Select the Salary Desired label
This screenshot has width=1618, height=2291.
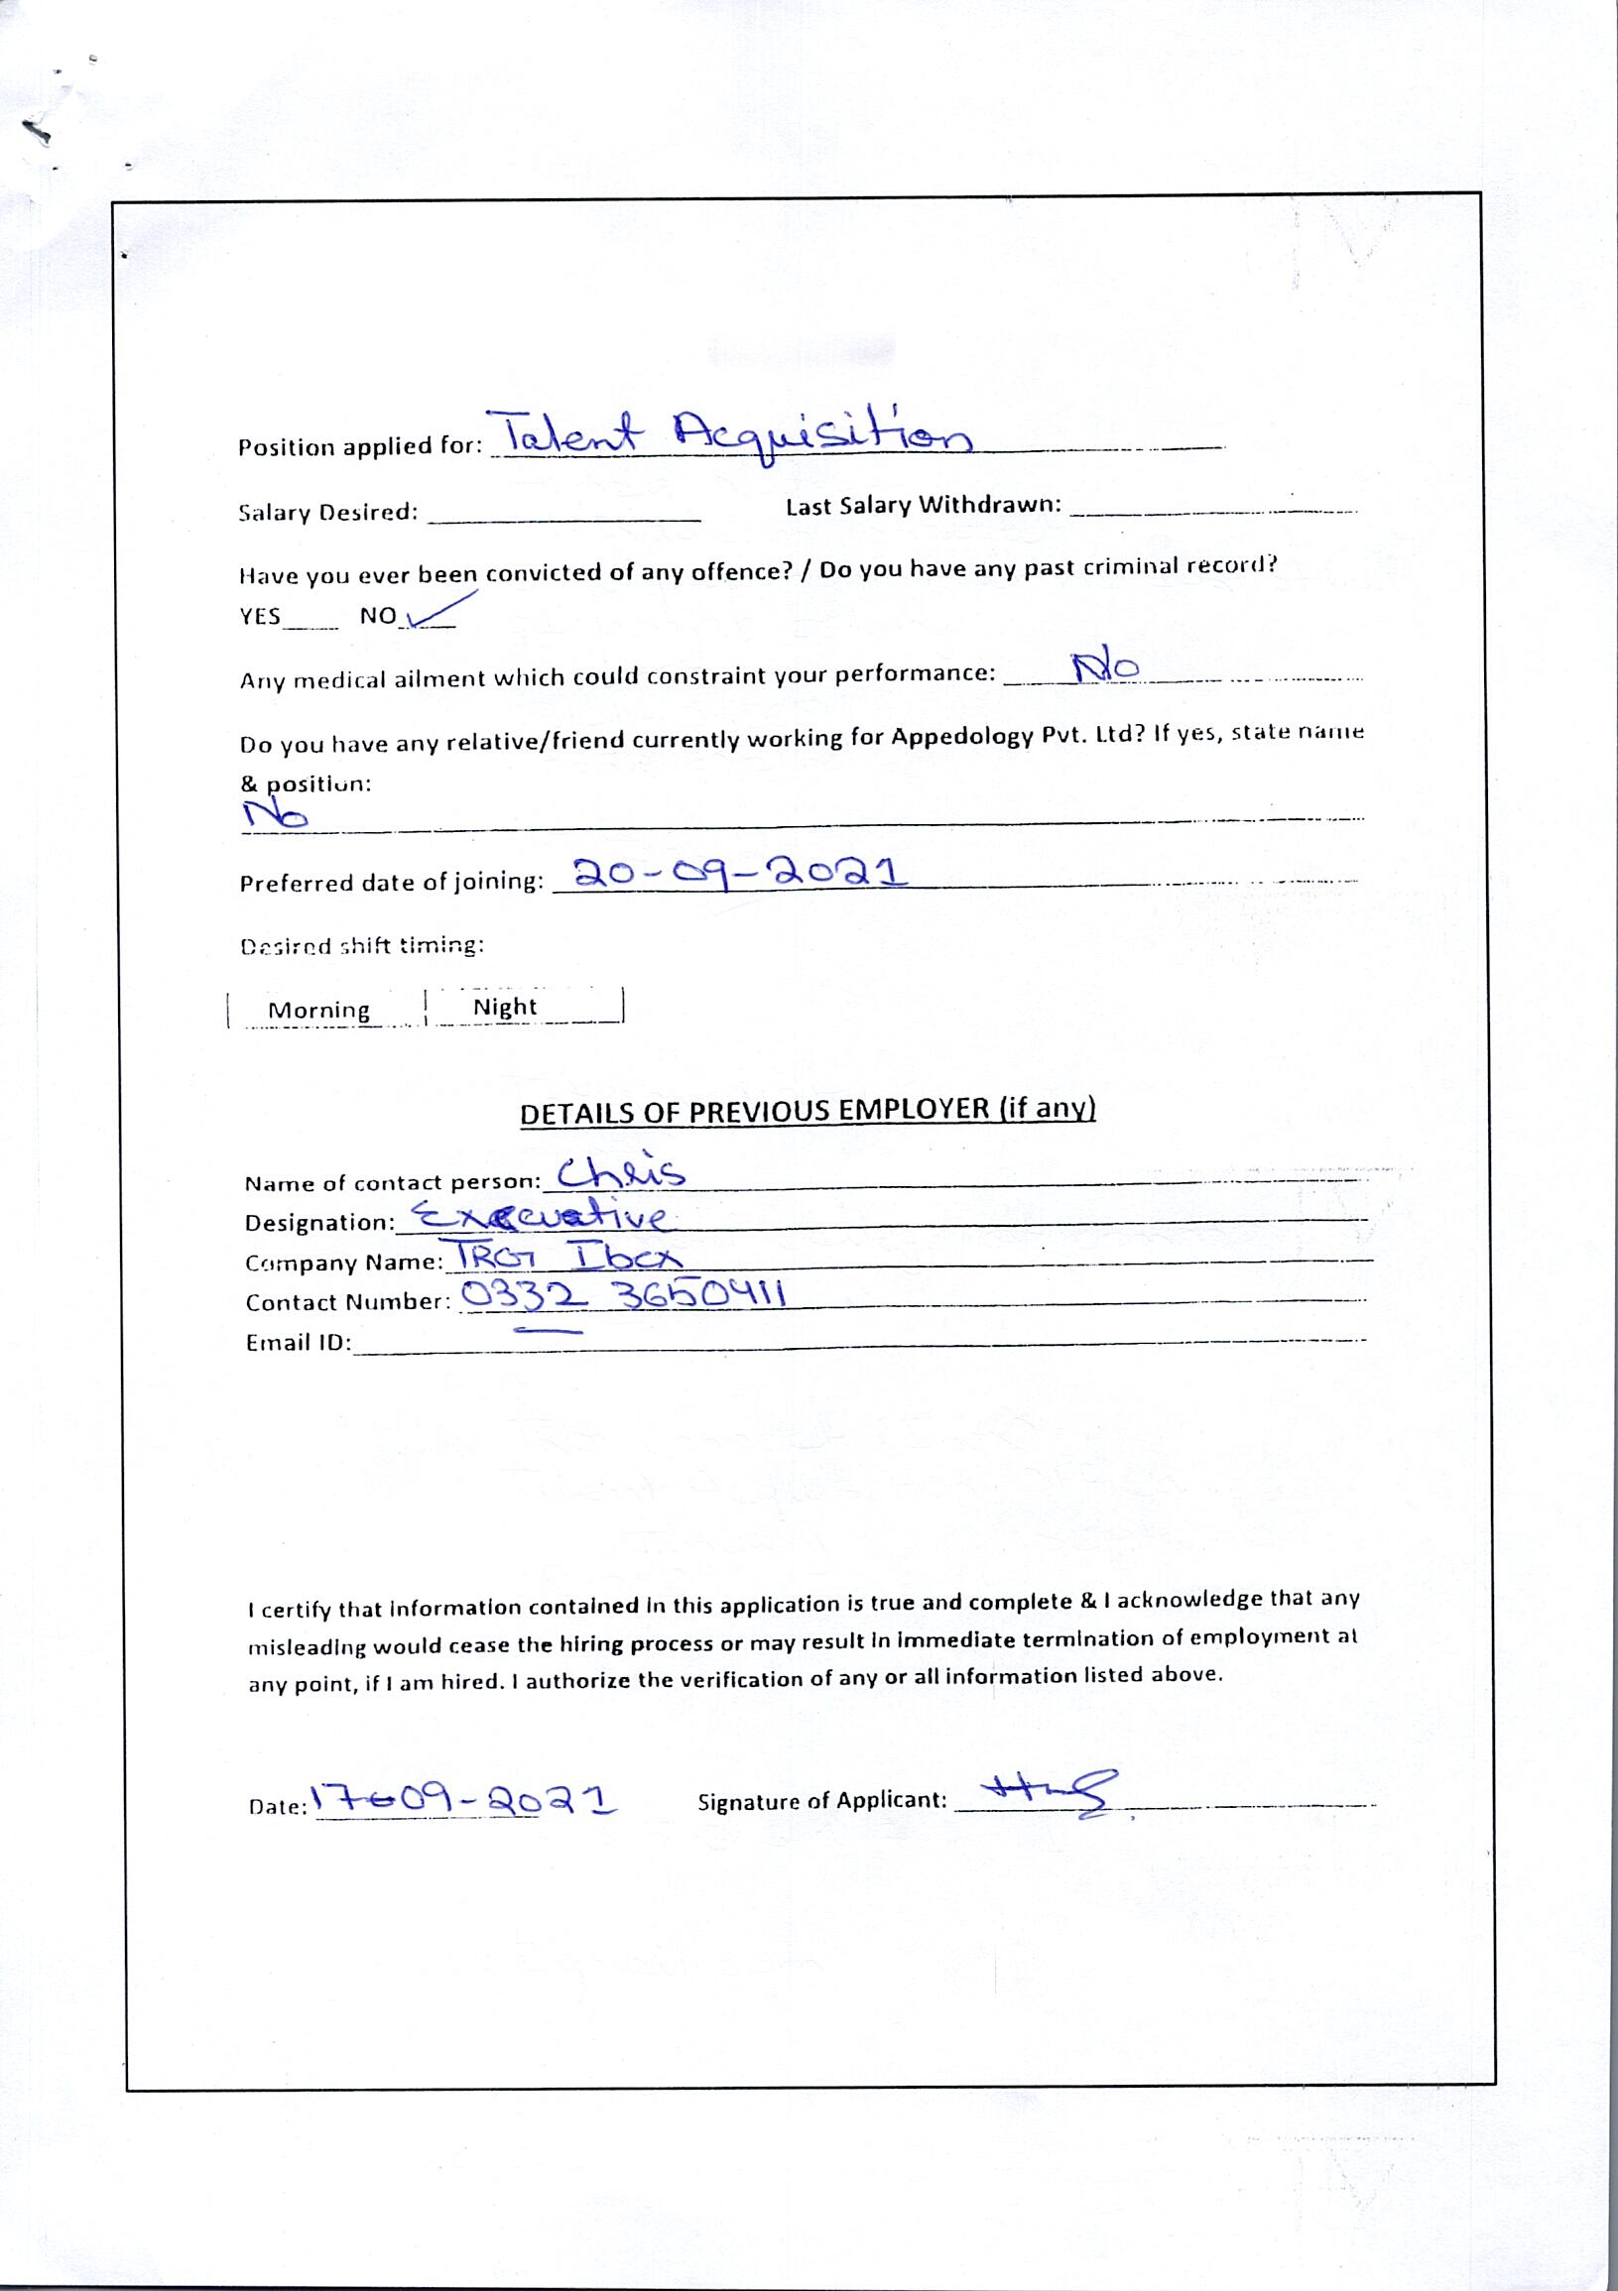pyautogui.click(x=327, y=513)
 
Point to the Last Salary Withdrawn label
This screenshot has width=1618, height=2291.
pyautogui.click(x=923, y=505)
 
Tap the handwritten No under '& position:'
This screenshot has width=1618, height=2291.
pyautogui.click(x=276, y=817)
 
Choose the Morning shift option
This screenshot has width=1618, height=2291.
pyautogui.click(x=319, y=1010)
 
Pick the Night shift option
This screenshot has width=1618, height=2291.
pyautogui.click(x=505, y=1007)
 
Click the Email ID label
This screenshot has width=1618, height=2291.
pyautogui.click(x=298, y=1343)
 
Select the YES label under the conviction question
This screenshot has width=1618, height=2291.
pyautogui.click(x=261, y=617)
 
